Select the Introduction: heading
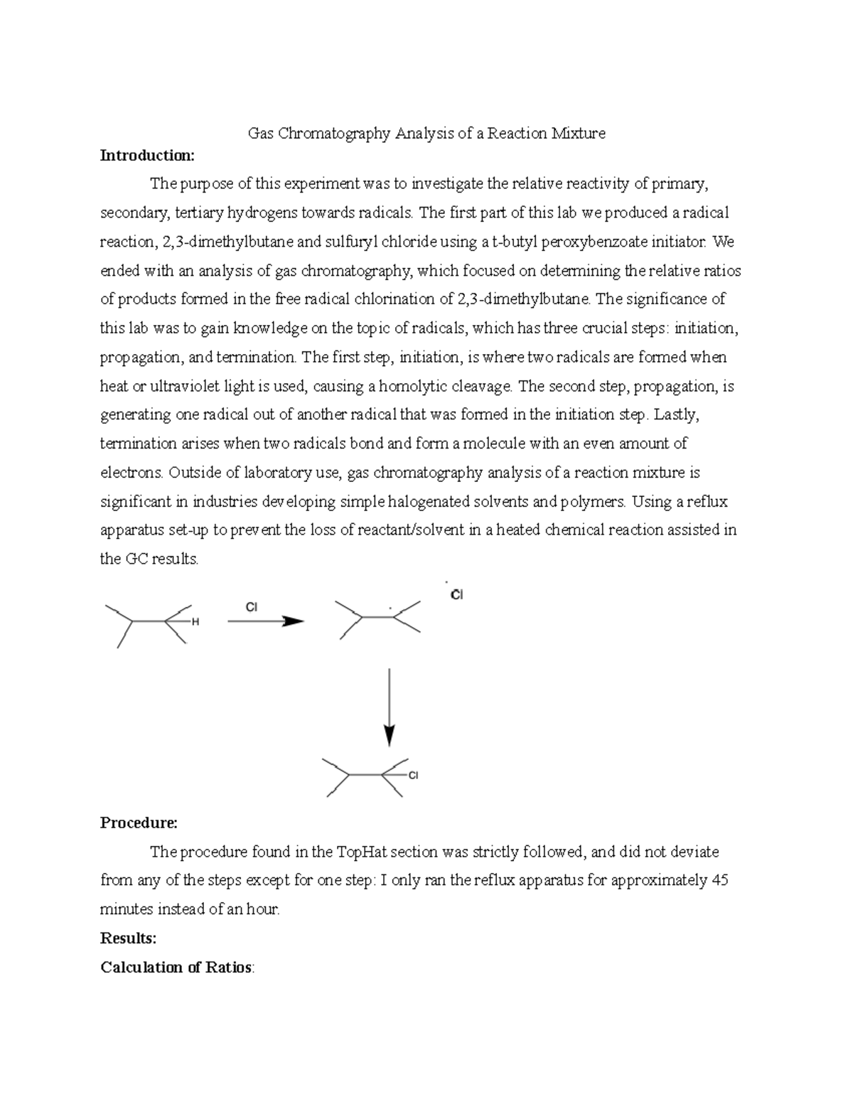[x=146, y=156]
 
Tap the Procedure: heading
[x=139, y=823]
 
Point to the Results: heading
[x=128, y=938]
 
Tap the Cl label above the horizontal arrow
[x=251, y=606]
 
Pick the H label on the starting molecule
[x=195, y=622]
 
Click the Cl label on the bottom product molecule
[x=413, y=776]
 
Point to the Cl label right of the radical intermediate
[x=456, y=595]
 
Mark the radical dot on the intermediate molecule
[x=390, y=609]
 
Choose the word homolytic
[x=413, y=387]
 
